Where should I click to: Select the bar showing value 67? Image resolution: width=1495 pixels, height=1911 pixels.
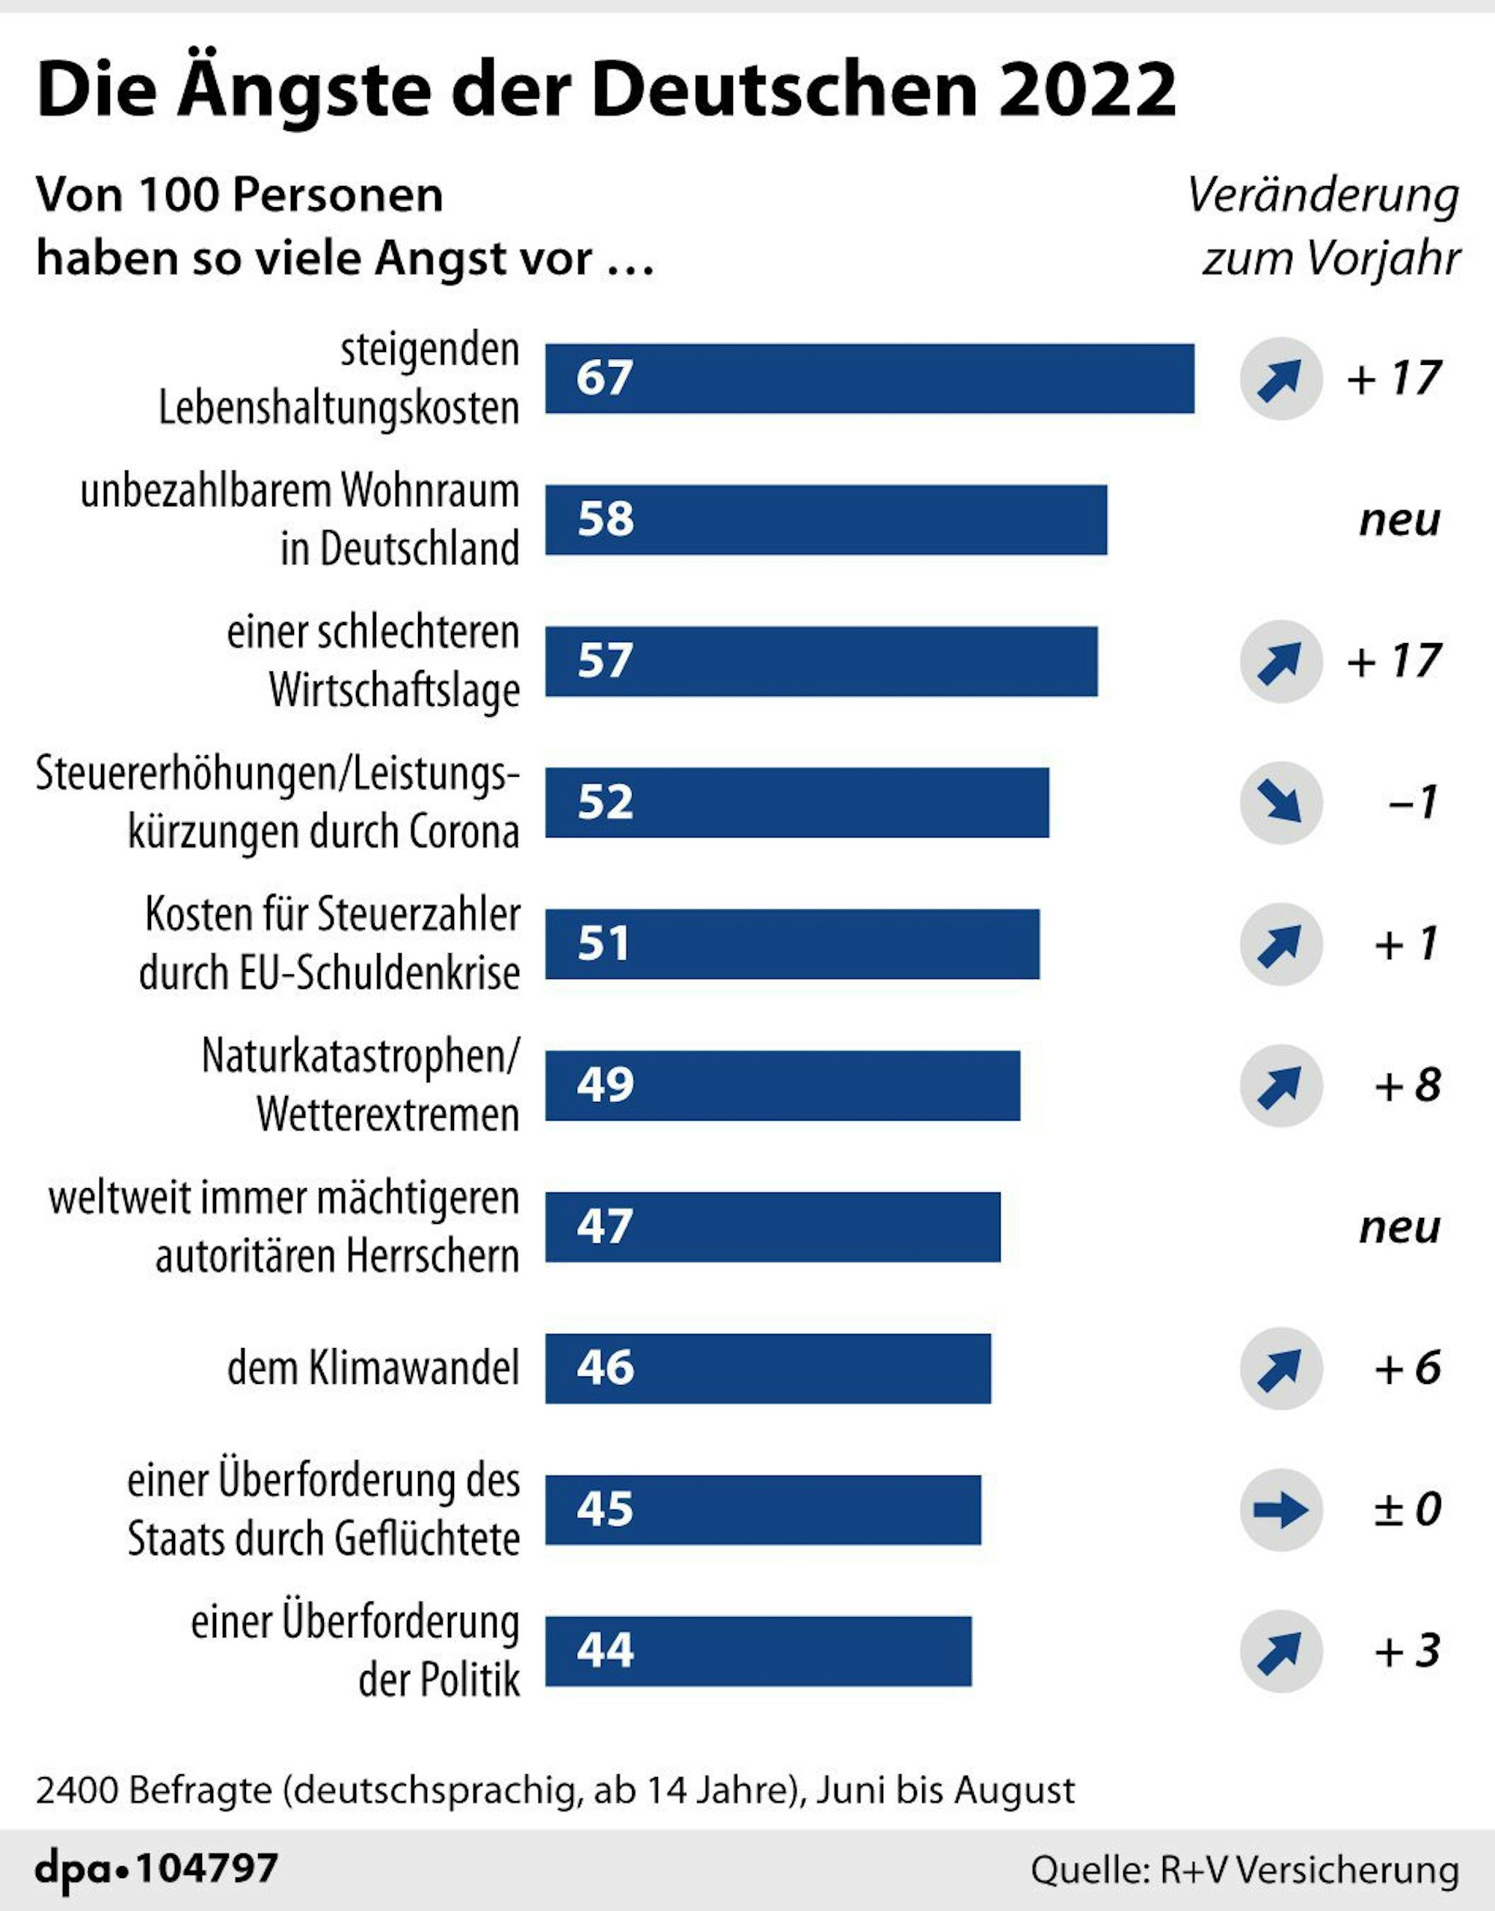point(869,378)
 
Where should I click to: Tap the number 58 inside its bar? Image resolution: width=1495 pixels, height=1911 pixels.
point(605,519)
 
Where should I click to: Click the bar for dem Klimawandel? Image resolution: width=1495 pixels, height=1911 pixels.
point(767,1368)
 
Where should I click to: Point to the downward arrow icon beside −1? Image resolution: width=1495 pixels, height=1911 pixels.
point(1280,802)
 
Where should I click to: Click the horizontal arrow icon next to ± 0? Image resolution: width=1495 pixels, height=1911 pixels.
point(1280,1510)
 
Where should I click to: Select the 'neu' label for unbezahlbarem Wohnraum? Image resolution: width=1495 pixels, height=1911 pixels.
point(1399,520)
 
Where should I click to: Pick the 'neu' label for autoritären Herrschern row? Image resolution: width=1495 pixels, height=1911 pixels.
point(1399,1228)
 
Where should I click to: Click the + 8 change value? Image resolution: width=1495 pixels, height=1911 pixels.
point(1407,1086)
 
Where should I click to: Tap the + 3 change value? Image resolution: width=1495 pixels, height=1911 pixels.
point(1407,1651)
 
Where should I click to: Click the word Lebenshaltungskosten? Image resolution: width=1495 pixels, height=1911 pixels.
point(339,407)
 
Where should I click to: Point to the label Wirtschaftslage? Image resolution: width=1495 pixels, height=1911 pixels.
point(394,690)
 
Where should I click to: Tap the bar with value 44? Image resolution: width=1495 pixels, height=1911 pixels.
point(758,1651)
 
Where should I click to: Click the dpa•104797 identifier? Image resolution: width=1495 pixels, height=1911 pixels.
point(156,1869)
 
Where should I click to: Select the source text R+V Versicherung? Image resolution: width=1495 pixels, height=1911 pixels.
point(1310,1870)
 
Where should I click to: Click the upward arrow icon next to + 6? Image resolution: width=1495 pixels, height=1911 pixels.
point(1280,1368)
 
